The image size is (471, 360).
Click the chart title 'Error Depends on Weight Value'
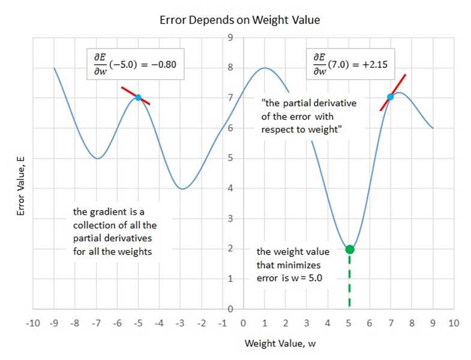point(239,20)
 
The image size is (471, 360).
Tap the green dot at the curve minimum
point(350,249)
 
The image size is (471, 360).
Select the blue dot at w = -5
point(138,97)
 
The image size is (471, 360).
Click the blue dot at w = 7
point(391,97)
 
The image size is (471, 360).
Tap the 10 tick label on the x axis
point(453,323)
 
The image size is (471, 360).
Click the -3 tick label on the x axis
point(180,323)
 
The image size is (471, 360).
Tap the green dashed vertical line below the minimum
point(349,282)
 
